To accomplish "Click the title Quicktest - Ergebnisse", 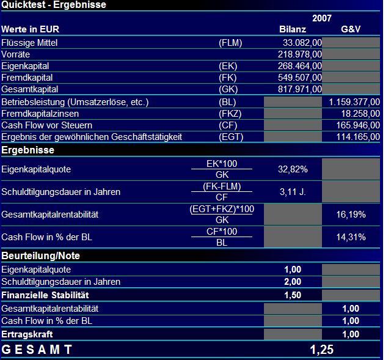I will click(x=54, y=5).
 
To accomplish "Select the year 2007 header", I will click(x=322, y=18).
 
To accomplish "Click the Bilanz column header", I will click(x=292, y=29).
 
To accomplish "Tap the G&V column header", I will click(x=351, y=29).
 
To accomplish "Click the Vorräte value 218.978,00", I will click(x=300, y=54).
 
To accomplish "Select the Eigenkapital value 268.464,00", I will click(x=300, y=66).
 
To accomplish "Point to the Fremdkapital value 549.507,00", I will click(x=300, y=78).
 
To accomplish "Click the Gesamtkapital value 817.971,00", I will click(x=300, y=89).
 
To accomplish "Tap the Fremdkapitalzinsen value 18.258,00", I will click(x=359, y=114).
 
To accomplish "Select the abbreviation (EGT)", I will click(x=231, y=137).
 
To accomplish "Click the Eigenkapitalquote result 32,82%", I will click(x=293, y=169).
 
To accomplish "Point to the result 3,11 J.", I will click(x=293, y=192).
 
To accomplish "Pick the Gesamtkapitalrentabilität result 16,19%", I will click(x=351, y=215).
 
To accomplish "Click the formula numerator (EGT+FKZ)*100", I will click(x=222, y=209).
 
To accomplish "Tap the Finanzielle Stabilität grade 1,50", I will click(x=293, y=295).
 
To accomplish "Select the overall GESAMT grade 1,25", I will click(x=322, y=350).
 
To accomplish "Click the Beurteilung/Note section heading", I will click(x=40, y=255).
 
